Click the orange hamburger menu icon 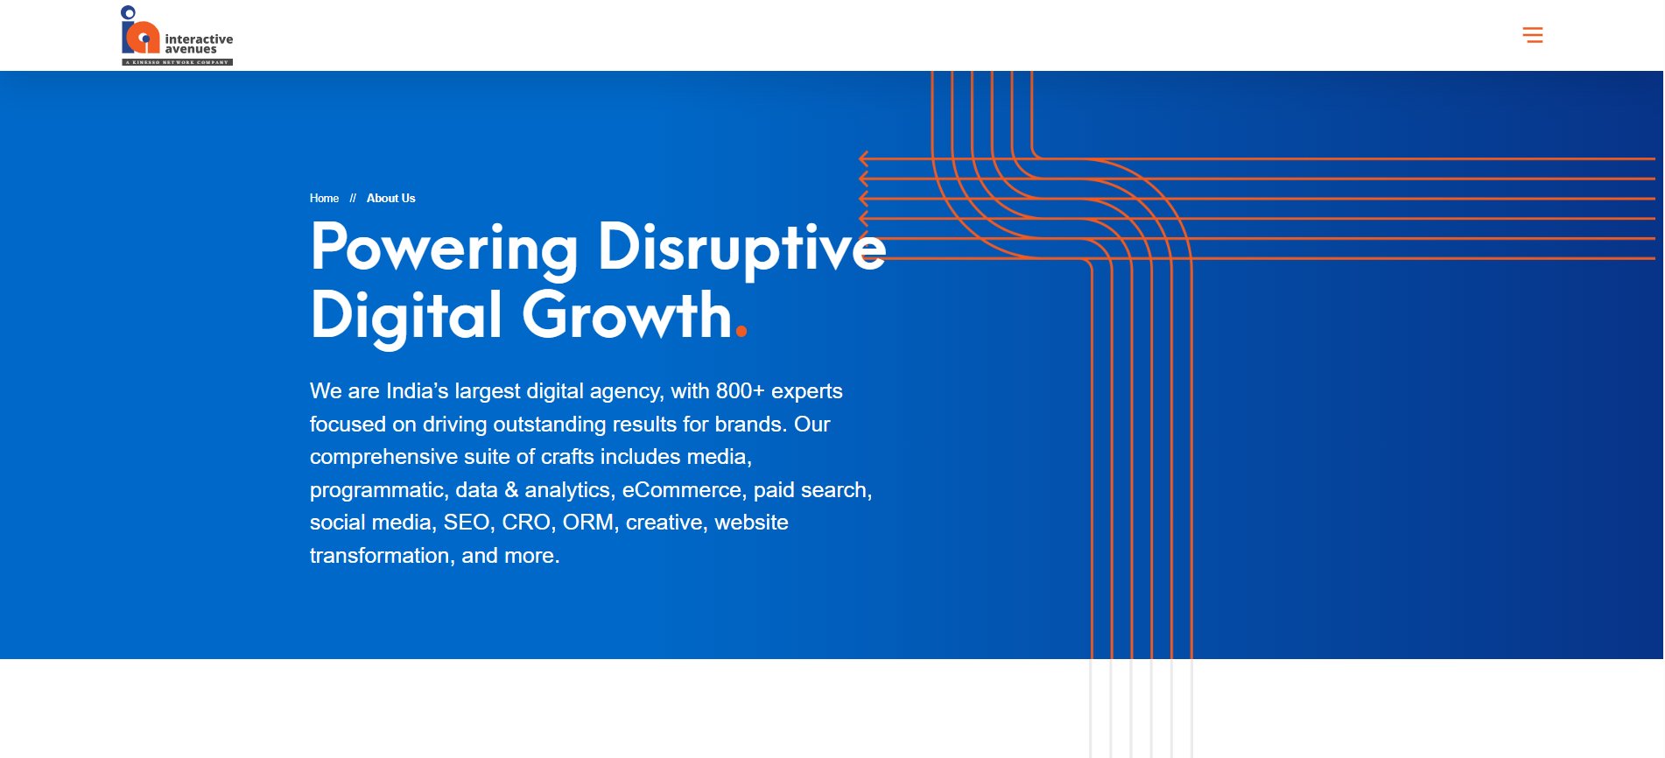coord(1532,35)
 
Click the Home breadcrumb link coord(324,199)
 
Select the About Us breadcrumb coord(390,199)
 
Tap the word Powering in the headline coord(444,249)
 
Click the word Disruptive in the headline coord(741,248)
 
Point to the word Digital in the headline coord(406,317)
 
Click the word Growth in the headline coord(627,315)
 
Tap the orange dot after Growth coord(741,331)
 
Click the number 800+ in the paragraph coord(741,391)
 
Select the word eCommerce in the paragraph coord(682,490)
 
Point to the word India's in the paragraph coord(417,391)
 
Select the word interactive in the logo coord(199,39)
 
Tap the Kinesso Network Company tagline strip coord(177,62)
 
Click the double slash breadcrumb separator coord(353,199)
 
